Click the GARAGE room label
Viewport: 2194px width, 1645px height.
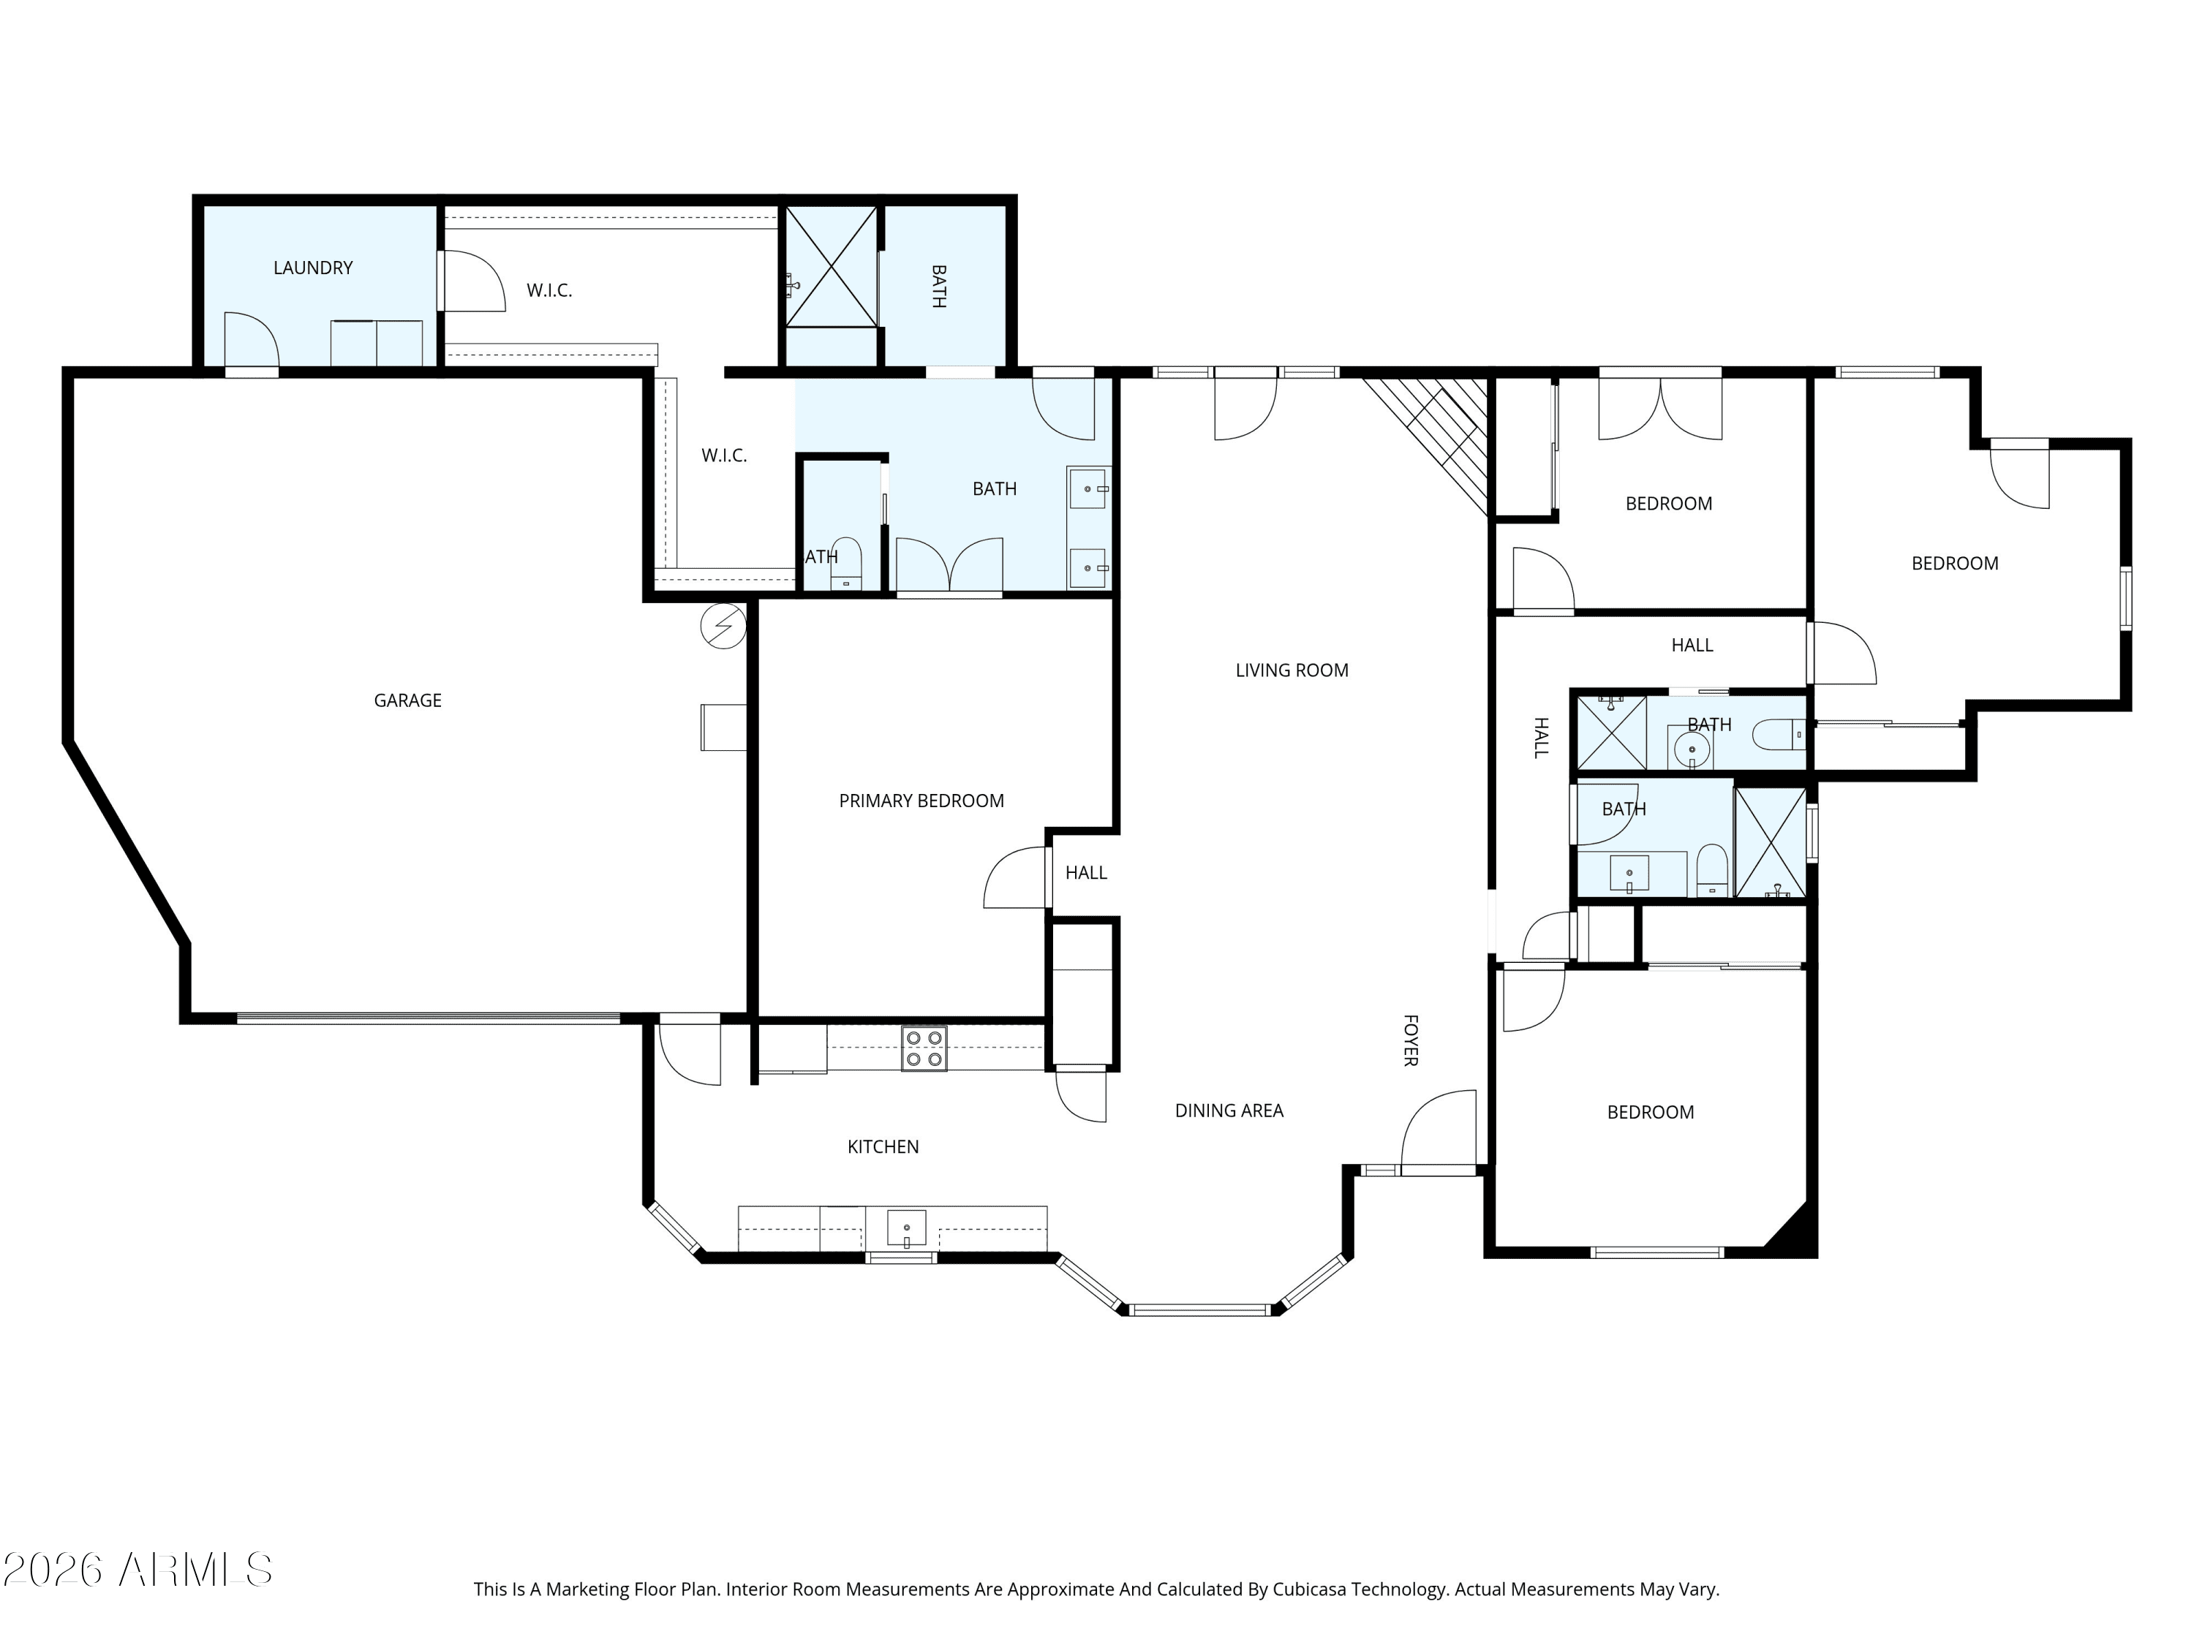tap(407, 701)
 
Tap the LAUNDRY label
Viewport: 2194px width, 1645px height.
tap(314, 268)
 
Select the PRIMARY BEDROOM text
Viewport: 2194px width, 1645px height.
tap(921, 801)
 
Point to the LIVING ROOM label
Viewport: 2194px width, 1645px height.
tap(1292, 670)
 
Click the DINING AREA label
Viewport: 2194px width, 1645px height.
tap(1229, 1111)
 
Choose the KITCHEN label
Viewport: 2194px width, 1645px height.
tap(883, 1147)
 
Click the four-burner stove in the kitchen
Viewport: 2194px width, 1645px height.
tap(924, 1048)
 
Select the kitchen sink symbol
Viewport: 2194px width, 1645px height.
tap(907, 1228)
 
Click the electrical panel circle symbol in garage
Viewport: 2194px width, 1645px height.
tap(723, 627)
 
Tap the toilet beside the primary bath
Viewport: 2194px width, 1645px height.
tap(846, 564)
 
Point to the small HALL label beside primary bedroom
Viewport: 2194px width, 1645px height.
tap(1086, 872)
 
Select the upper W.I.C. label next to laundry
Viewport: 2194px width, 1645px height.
tap(549, 290)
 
